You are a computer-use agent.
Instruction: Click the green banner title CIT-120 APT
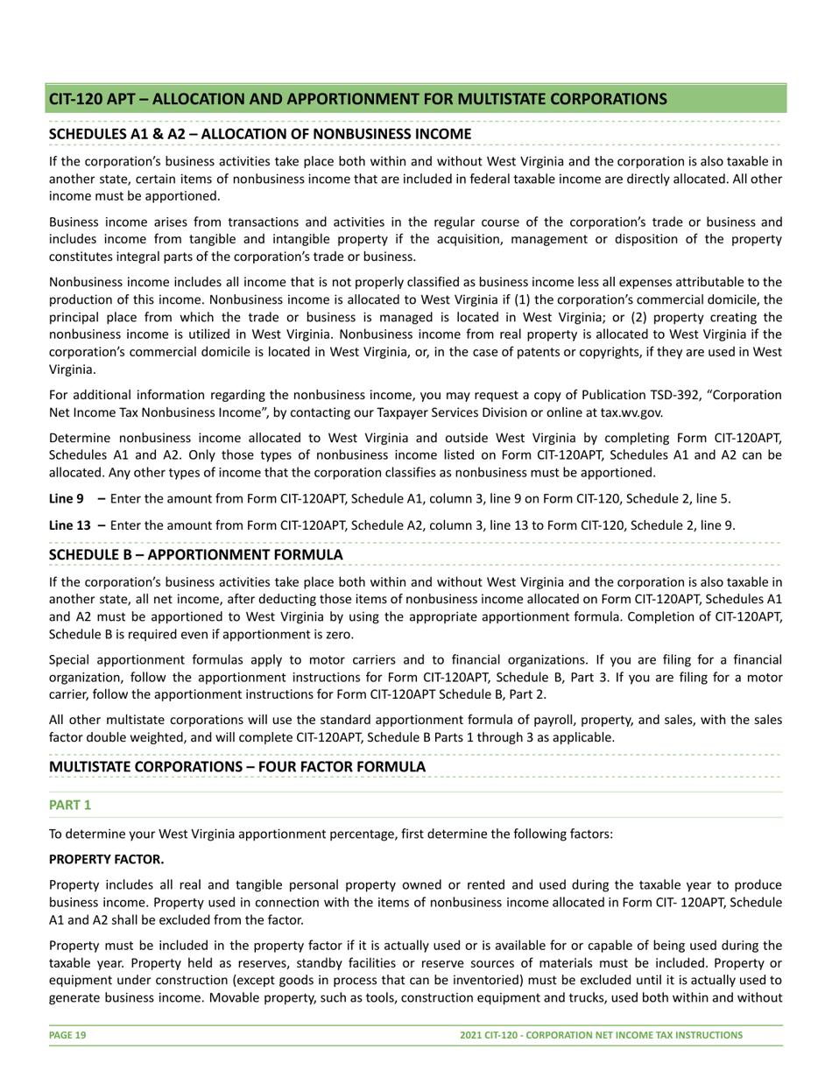click(357, 99)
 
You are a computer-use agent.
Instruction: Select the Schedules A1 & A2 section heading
click(260, 133)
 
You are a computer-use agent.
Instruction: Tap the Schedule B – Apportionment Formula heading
click(195, 555)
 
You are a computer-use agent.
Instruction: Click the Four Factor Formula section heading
click(237, 766)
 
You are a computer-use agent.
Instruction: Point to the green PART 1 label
click(70, 804)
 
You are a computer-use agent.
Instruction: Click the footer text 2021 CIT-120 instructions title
click(601, 1035)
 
